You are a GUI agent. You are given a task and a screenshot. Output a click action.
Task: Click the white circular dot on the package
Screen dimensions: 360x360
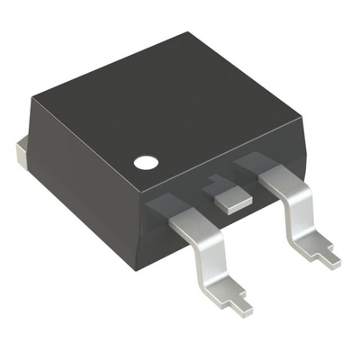click(145, 164)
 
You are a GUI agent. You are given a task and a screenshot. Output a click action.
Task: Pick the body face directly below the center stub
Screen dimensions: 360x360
click(229, 220)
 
